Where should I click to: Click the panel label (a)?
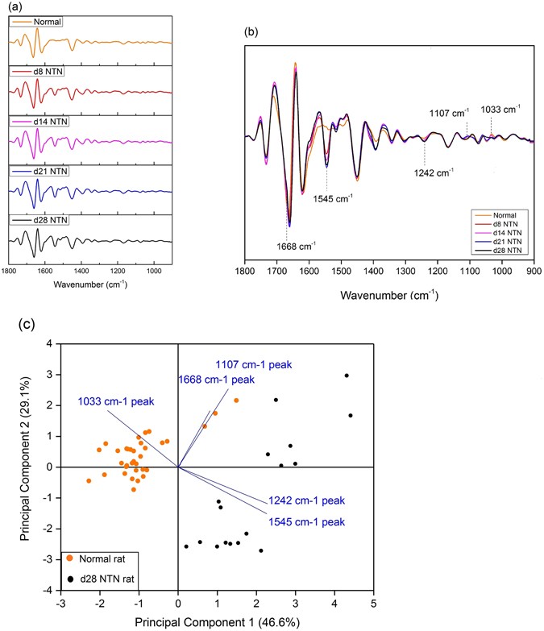click(12, 7)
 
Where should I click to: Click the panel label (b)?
click(256, 33)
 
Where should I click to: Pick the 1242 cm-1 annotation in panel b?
click(431, 172)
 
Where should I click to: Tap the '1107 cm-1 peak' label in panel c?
click(253, 364)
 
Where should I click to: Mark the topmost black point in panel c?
click(347, 376)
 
